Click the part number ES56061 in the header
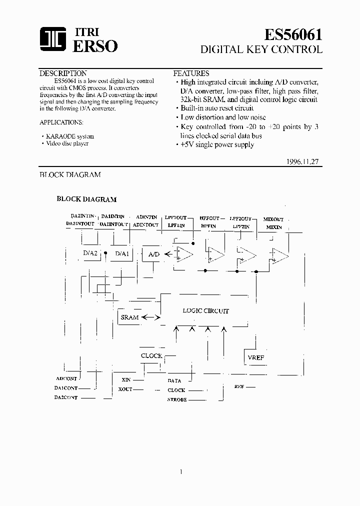(x=293, y=34)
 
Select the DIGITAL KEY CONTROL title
(x=261, y=49)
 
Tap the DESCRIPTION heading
(x=63, y=73)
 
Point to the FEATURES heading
(x=191, y=73)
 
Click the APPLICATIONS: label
(x=61, y=122)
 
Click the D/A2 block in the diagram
(x=90, y=253)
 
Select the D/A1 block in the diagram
(x=122, y=253)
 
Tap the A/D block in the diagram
(x=154, y=254)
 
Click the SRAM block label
(x=129, y=317)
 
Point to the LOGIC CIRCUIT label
(x=205, y=311)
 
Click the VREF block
(x=255, y=357)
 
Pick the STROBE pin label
(x=176, y=400)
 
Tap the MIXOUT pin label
(x=273, y=219)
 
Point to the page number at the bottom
(x=180, y=471)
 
